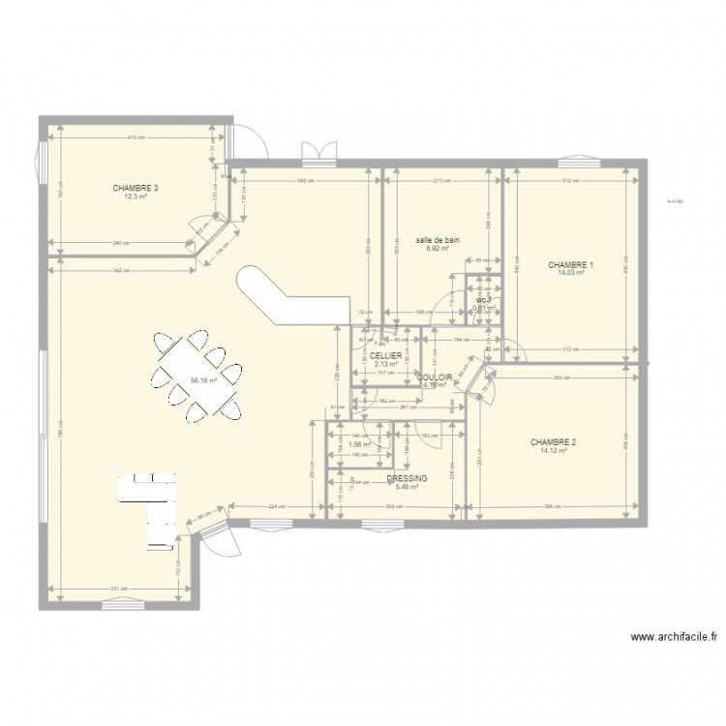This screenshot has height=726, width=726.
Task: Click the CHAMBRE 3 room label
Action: pyautogui.click(x=136, y=188)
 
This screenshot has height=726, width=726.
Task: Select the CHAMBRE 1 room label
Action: pyautogui.click(x=571, y=265)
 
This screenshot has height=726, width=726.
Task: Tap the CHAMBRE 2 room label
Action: pyautogui.click(x=553, y=442)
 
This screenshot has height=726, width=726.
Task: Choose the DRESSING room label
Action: pyautogui.click(x=407, y=478)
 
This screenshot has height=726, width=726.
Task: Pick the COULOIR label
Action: pyautogui.click(x=435, y=377)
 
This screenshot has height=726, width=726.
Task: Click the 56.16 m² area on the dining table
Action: pyautogui.click(x=203, y=380)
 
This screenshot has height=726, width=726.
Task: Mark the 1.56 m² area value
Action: pyautogui.click(x=360, y=445)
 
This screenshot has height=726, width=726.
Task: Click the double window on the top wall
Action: pyautogui.click(x=318, y=153)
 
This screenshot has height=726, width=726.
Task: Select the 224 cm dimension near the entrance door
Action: pyautogui.click(x=275, y=506)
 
